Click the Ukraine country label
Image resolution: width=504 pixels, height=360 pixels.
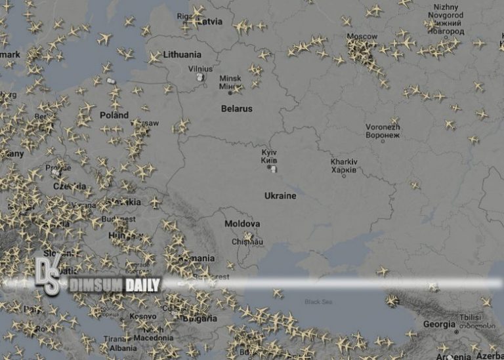280,195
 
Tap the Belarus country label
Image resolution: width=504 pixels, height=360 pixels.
237,109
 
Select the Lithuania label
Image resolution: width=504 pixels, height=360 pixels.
182,54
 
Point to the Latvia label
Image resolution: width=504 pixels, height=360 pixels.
209,22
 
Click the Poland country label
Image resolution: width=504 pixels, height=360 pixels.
114,115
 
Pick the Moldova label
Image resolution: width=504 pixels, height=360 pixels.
242,224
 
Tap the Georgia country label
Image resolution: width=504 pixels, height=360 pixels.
439,324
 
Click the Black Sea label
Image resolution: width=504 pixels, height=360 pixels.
319,302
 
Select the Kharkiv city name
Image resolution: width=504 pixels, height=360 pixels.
345,162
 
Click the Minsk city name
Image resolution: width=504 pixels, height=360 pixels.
230,77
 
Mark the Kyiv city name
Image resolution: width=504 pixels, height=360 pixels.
270,151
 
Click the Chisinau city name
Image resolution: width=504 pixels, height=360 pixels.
247,241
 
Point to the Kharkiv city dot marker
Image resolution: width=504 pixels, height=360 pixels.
344,175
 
